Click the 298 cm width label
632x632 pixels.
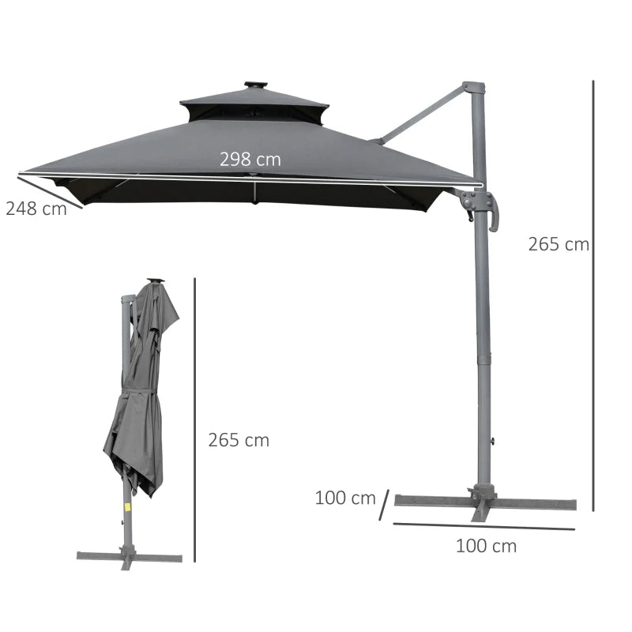(250, 160)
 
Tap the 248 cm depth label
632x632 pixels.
(36, 209)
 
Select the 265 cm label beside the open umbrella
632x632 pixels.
(559, 244)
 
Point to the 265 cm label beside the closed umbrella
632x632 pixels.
(239, 440)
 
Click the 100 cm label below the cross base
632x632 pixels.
(486, 545)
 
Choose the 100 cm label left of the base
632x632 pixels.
(345, 498)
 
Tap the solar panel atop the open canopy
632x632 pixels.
(255, 85)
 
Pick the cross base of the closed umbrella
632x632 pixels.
(129, 556)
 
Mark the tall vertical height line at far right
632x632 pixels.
(592, 292)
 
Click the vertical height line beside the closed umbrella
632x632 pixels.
(194, 419)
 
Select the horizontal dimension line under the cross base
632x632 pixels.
(483, 526)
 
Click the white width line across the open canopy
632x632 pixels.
(250, 179)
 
